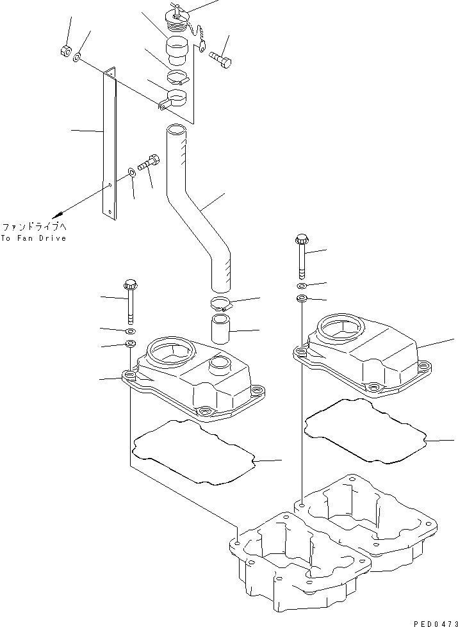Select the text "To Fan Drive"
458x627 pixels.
[33, 238]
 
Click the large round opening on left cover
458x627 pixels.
[170, 352]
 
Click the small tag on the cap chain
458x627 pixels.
[203, 47]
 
